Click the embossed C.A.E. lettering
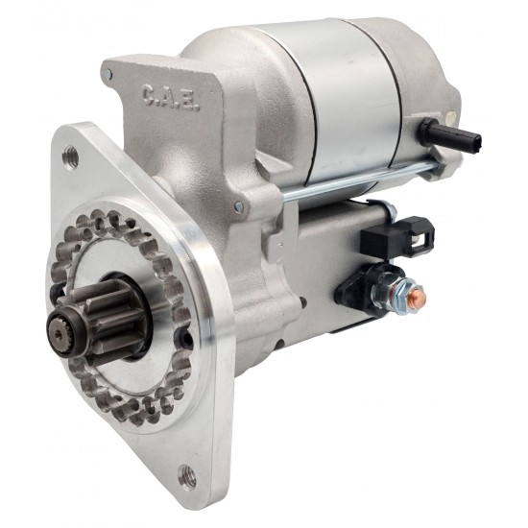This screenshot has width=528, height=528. tap(171, 98)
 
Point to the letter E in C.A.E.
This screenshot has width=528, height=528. tap(193, 104)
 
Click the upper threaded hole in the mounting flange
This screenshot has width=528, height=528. tap(71, 156)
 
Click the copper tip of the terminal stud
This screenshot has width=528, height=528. tap(420, 296)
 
